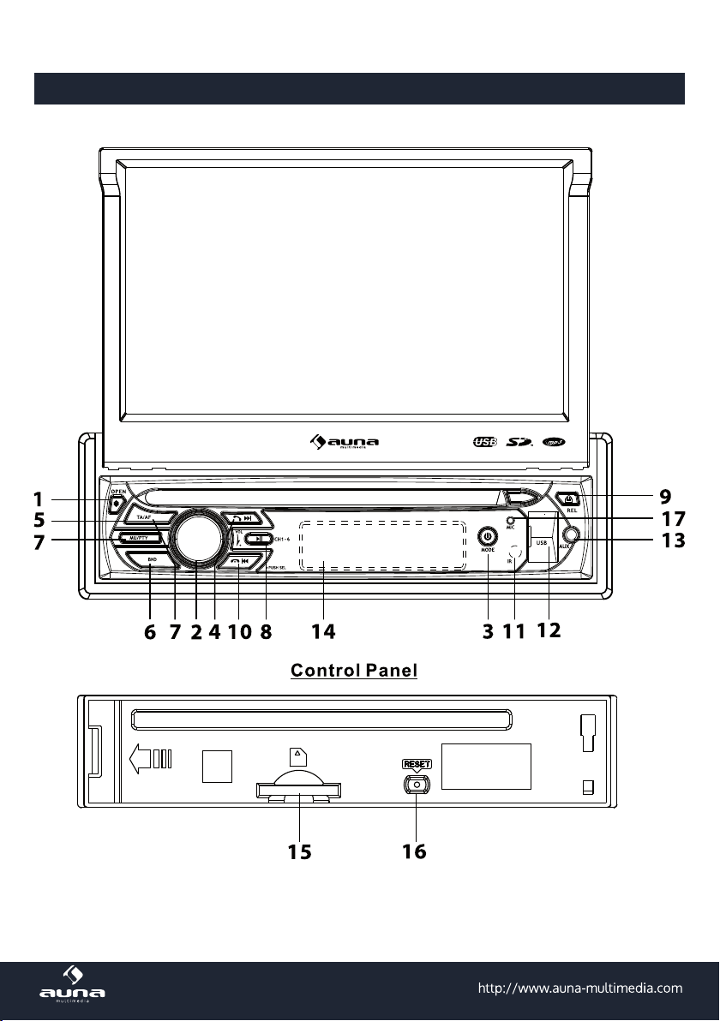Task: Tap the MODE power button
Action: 487,537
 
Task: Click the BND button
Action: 151,560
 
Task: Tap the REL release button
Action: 570,499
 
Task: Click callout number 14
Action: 323,631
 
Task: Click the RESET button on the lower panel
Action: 417,784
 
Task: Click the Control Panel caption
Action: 354,669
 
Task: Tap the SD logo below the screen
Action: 520,442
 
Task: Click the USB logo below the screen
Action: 484,442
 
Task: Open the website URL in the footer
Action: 579,988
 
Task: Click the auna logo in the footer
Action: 73,986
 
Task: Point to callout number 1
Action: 38,499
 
